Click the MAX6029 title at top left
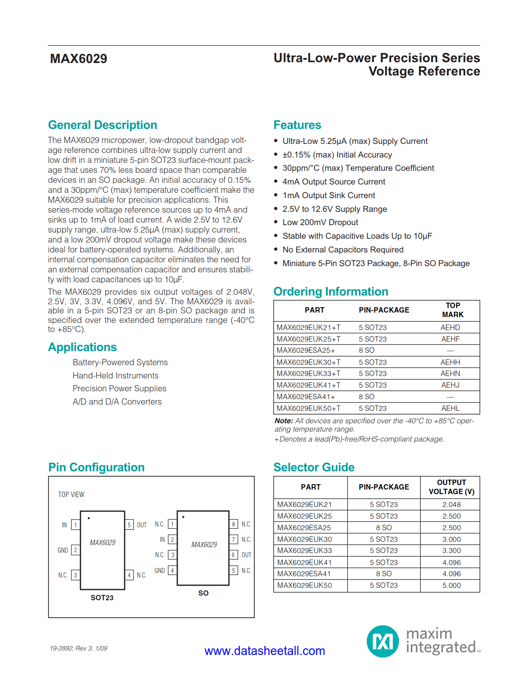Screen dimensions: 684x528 click(x=79, y=59)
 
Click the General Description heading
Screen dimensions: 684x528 click(x=102, y=125)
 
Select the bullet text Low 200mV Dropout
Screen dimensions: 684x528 click(x=320, y=223)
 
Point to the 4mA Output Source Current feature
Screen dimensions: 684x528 click(x=333, y=182)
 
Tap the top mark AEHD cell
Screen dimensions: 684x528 click(x=450, y=327)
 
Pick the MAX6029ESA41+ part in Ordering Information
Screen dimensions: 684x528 click(x=306, y=397)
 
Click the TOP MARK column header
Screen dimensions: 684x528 click(x=453, y=310)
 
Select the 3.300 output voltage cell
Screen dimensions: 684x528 click(x=451, y=551)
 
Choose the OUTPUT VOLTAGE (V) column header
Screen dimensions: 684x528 click(x=451, y=487)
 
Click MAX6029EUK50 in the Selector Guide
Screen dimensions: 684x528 click(x=304, y=585)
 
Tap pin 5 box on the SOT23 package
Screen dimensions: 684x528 click(x=129, y=525)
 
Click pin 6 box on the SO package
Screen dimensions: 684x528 click(x=234, y=555)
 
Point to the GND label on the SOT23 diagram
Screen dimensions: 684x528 click(x=63, y=551)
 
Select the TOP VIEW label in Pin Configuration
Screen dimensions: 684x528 click(x=71, y=495)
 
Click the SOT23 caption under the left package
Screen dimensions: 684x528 click(x=102, y=598)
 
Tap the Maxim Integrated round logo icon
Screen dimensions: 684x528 click(x=382, y=641)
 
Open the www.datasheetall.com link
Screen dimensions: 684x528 click(x=265, y=651)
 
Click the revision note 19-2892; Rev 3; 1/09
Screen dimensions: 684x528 click(x=79, y=648)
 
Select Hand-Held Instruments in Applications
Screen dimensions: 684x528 click(x=116, y=376)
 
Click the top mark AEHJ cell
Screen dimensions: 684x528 click(x=450, y=385)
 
